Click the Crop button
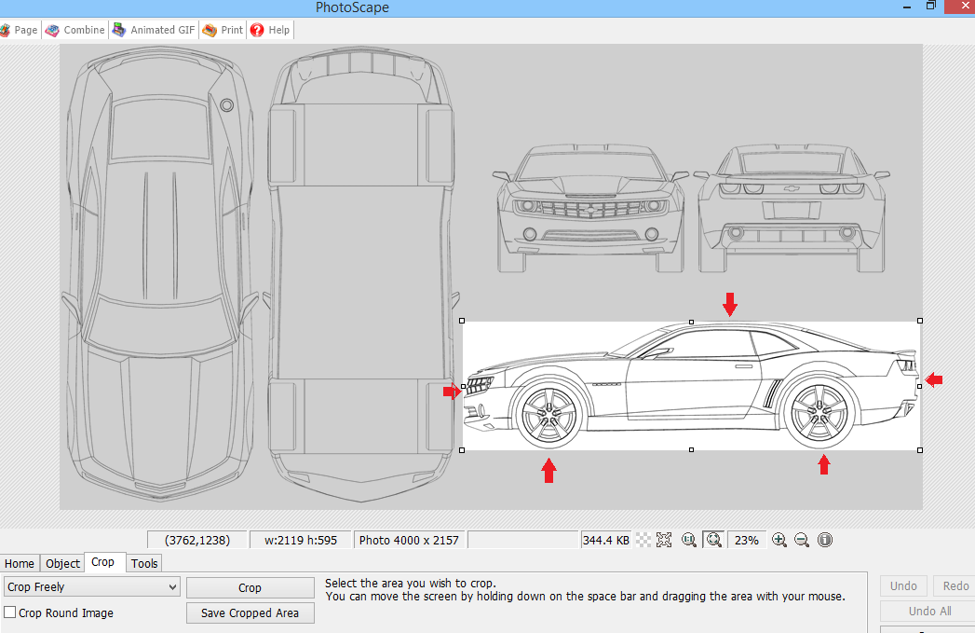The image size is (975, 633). click(250, 587)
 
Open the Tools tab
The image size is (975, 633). click(144, 563)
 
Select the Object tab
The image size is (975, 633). click(63, 563)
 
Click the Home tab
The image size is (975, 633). click(20, 563)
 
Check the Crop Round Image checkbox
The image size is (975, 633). click(10, 612)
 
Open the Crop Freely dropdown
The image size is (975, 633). click(91, 587)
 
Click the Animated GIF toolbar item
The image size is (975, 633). click(154, 30)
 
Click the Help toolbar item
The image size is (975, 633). click(270, 30)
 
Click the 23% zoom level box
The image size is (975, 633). click(747, 540)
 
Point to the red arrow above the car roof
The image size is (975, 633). click(729, 303)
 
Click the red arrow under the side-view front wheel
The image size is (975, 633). click(548, 470)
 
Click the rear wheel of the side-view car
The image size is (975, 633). click(820, 414)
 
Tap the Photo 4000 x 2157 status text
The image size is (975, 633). click(409, 540)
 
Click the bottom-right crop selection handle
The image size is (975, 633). click(920, 450)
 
